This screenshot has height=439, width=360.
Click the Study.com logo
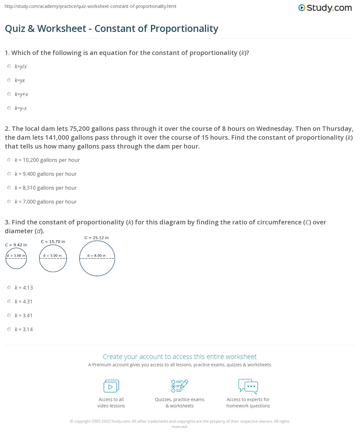point(325,8)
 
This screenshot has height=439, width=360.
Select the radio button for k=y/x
point(9,66)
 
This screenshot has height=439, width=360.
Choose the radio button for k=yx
point(9,80)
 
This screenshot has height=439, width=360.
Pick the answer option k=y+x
point(21,94)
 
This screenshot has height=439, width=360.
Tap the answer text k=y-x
point(21,108)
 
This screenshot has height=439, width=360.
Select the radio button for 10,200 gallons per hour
point(9,160)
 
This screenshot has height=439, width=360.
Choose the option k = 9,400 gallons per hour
point(46,174)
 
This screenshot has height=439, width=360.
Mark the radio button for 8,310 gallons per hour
point(9,188)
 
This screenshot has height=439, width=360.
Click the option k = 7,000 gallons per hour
point(46,202)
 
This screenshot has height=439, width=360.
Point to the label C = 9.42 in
point(16,245)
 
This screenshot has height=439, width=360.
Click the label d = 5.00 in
point(52,255)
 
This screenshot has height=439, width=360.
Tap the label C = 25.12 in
point(97,238)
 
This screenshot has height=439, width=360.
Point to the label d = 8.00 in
point(97,255)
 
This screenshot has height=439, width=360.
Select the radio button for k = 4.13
point(9,288)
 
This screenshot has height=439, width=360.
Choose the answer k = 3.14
point(24,329)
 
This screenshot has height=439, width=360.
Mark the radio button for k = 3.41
point(9,315)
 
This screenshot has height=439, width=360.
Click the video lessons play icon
point(111,386)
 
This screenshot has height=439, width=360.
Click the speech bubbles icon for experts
point(248,386)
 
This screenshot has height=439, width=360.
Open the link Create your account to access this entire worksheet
point(180,357)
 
